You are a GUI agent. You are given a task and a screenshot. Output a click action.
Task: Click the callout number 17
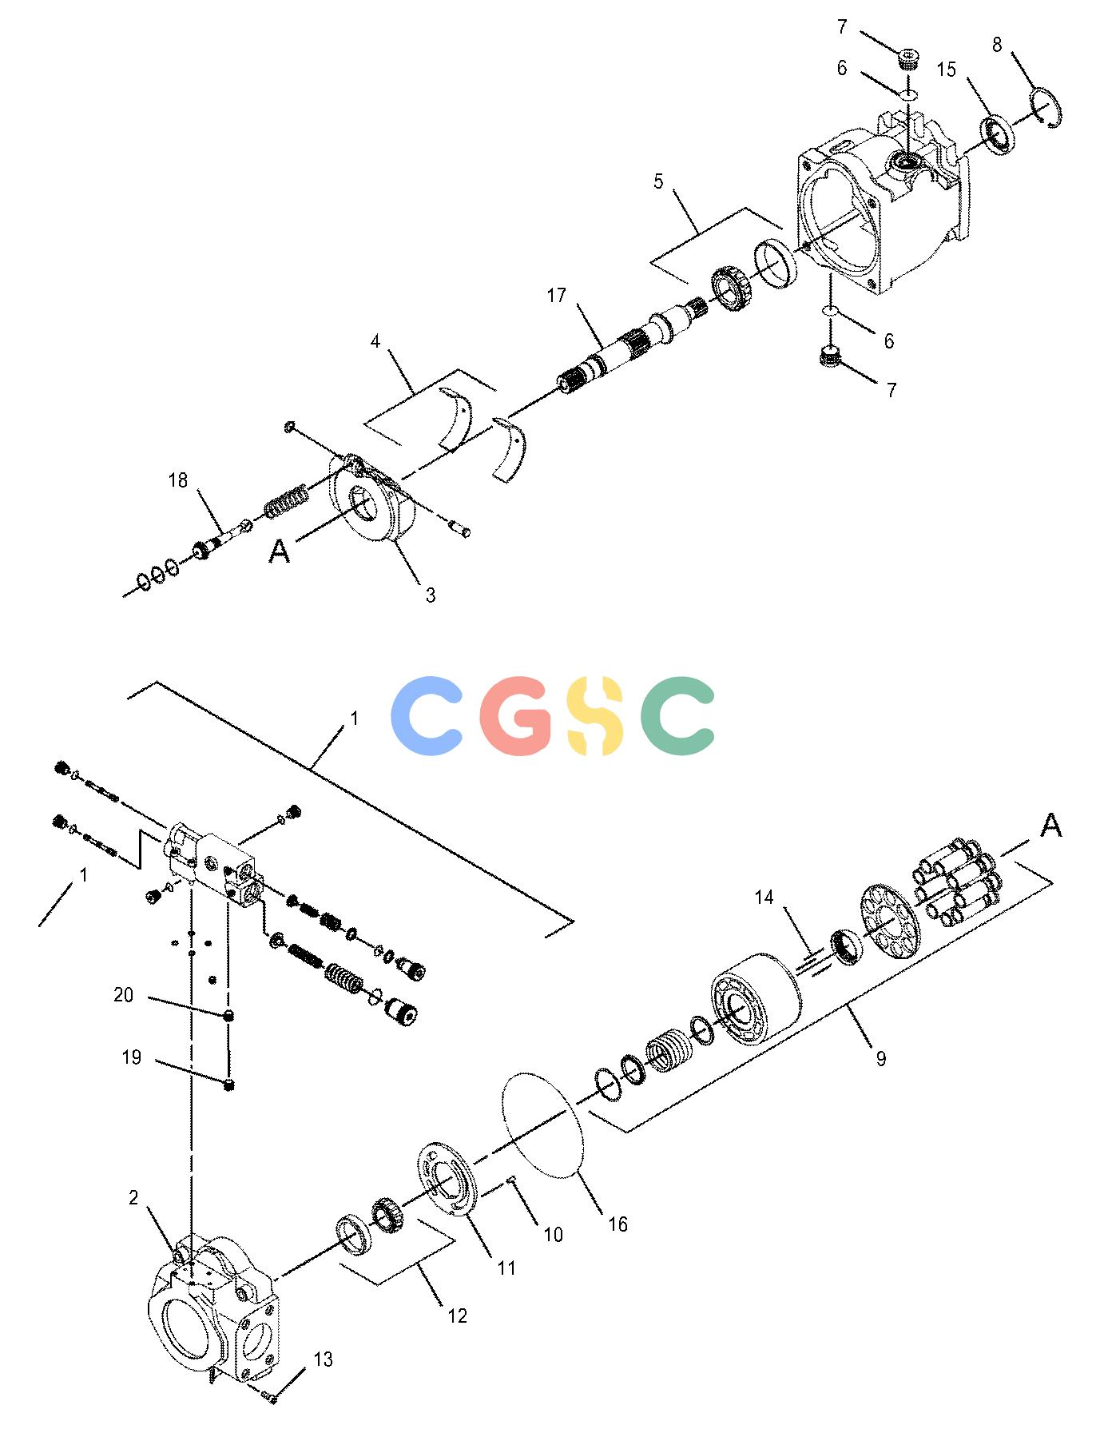pos(556,296)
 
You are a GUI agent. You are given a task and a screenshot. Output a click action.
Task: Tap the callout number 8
pos(997,45)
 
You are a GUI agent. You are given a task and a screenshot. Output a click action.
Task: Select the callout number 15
pos(946,70)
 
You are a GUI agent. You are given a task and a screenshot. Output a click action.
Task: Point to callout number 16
pos(618,1224)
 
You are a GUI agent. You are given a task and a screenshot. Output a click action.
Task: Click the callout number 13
pos(323,1359)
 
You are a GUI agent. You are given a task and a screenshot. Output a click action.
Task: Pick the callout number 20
pos(123,995)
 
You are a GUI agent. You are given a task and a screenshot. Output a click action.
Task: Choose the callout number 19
pos(131,1057)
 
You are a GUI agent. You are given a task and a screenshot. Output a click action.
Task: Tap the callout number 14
pos(764,898)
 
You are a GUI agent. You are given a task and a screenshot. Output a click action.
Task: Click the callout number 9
pos(881,1059)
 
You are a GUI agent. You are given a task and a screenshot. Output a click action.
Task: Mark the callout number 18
pos(177,480)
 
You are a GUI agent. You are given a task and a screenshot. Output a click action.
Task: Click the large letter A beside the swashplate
pos(279,551)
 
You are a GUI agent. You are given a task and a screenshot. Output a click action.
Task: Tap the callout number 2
pos(133,1197)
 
